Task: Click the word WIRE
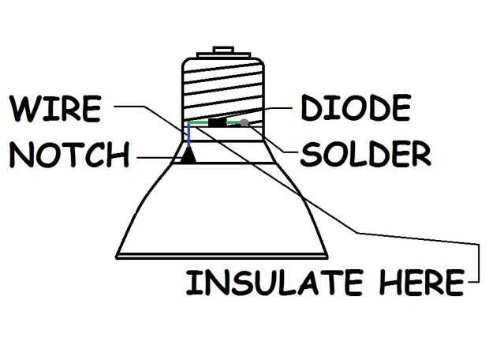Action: (x=55, y=109)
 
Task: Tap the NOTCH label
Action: (x=69, y=155)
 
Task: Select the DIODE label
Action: (x=356, y=107)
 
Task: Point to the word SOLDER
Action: (x=365, y=154)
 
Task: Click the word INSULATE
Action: (x=274, y=283)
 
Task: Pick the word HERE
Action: (x=422, y=283)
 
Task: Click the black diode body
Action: (x=218, y=122)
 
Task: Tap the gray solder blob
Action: (x=244, y=122)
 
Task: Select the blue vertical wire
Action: (x=189, y=134)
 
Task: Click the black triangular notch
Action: (x=189, y=156)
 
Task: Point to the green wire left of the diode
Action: (x=199, y=122)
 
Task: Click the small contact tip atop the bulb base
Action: (x=223, y=50)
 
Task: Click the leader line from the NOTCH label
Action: (x=159, y=158)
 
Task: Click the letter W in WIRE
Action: (x=25, y=109)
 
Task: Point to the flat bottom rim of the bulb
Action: (x=222, y=257)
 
